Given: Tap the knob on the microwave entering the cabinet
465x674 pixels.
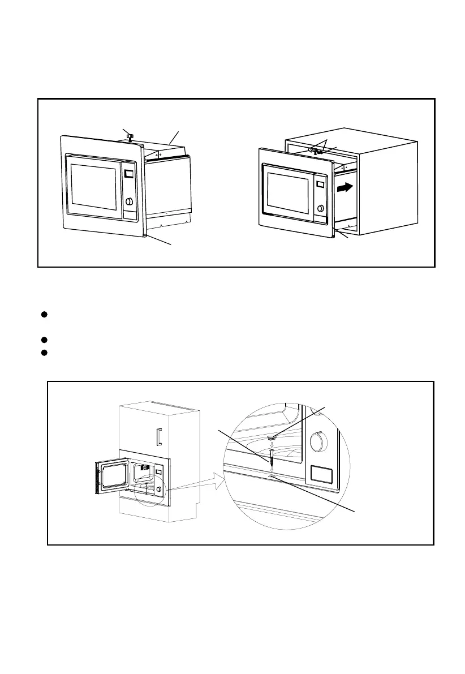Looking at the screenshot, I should pyautogui.click(x=321, y=208).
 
